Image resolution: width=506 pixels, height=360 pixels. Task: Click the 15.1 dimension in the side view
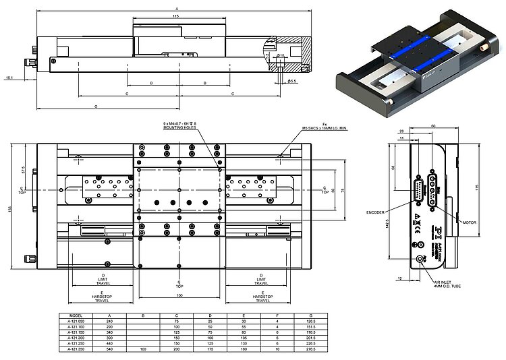[9, 78]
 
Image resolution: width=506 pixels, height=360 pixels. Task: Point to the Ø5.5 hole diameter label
[292, 81]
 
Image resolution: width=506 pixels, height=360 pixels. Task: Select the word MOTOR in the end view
[470, 221]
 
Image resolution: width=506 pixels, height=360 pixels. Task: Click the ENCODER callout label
[376, 212]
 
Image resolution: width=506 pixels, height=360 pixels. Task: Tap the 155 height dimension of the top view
[9, 209]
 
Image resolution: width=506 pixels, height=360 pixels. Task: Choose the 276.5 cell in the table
[310, 349]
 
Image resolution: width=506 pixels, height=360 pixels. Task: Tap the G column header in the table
[310, 315]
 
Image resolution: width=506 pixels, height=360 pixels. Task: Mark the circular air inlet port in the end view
[421, 260]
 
